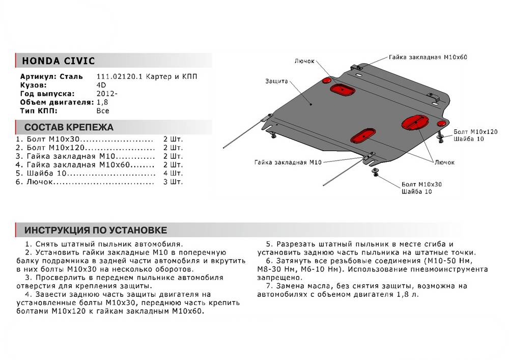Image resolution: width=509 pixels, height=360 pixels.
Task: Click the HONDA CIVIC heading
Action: [x=58, y=61]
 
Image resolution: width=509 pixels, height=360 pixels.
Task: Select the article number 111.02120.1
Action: [x=117, y=77]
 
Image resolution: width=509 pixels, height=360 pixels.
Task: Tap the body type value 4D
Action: [x=101, y=86]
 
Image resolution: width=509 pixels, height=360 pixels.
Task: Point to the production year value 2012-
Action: [x=106, y=94]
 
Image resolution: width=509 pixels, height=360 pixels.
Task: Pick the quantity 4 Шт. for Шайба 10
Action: [x=173, y=173]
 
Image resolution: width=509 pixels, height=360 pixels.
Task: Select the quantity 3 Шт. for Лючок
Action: [x=173, y=182]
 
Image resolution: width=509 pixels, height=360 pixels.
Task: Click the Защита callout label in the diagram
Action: [x=276, y=81]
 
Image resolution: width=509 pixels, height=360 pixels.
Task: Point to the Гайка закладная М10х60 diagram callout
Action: [x=428, y=58]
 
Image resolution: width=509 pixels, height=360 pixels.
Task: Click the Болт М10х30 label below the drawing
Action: [x=421, y=184]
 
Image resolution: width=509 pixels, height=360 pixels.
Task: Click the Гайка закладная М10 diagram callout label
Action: [x=288, y=162]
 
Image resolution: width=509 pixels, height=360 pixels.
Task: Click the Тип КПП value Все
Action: [x=103, y=110]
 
